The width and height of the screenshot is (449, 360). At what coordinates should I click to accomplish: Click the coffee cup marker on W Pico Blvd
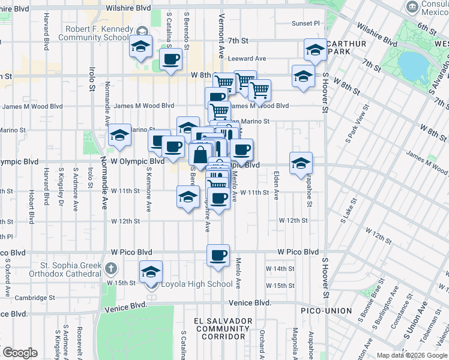[x=218, y=256]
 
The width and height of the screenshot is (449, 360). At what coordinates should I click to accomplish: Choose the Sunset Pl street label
[x=306, y=23]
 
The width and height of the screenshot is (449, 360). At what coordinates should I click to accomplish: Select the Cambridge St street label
[x=35, y=298]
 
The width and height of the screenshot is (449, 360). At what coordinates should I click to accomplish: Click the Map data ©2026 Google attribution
[x=411, y=355]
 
